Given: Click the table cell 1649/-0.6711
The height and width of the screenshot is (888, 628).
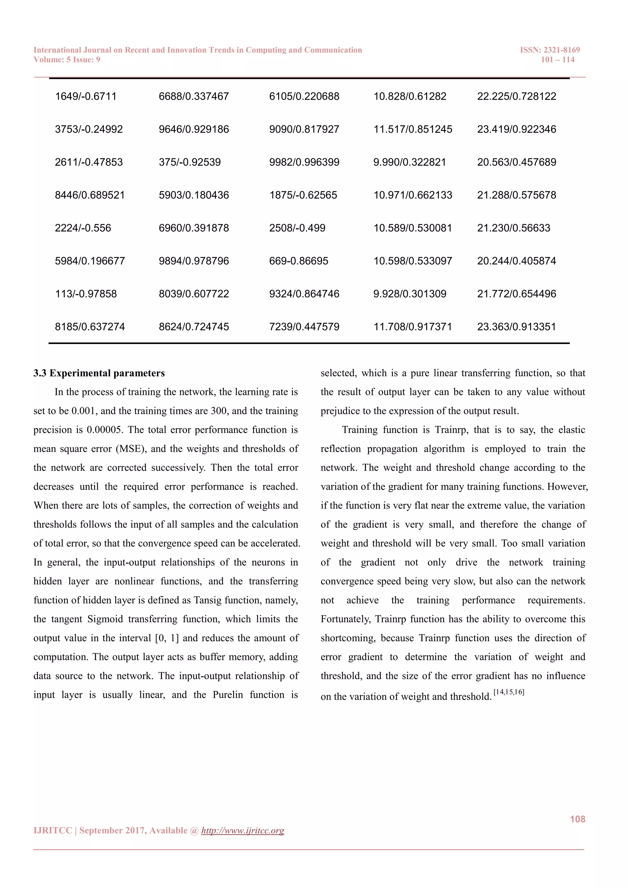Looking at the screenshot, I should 86,96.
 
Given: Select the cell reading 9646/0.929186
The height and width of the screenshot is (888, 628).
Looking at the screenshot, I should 194,129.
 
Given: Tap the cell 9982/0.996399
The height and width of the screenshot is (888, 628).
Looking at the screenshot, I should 304,162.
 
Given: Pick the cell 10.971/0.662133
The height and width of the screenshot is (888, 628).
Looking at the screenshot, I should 413,195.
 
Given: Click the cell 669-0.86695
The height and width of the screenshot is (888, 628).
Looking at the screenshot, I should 299,261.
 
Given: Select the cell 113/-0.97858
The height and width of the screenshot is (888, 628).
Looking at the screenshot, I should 86,293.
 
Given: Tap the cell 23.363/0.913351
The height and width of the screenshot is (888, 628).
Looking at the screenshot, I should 516,327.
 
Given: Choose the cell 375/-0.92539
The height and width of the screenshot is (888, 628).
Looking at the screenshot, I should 190,162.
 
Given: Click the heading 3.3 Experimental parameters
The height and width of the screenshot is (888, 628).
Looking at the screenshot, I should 99,373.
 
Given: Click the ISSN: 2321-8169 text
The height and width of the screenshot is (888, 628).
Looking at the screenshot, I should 549,50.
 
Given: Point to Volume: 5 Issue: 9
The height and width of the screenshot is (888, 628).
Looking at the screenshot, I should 67,59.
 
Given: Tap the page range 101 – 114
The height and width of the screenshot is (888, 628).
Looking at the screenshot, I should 557,59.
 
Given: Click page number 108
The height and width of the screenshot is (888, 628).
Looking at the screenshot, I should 577,819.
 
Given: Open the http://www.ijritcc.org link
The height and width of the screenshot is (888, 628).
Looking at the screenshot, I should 243,831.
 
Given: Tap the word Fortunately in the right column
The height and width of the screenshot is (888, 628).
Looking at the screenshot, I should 346,619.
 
